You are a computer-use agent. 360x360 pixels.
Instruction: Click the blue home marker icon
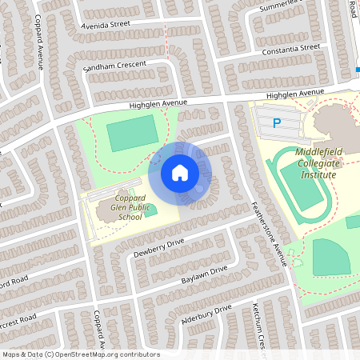click(180, 172)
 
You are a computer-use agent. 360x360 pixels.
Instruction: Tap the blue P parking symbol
click(277, 123)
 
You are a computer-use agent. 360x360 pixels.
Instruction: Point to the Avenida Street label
click(106, 25)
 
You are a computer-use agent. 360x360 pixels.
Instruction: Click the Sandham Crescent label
click(114, 64)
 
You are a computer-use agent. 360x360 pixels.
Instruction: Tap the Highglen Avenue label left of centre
click(158, 105)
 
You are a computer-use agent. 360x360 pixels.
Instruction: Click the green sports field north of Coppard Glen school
click(133, 133)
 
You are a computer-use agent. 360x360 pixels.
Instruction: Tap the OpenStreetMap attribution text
click(81, 354)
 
